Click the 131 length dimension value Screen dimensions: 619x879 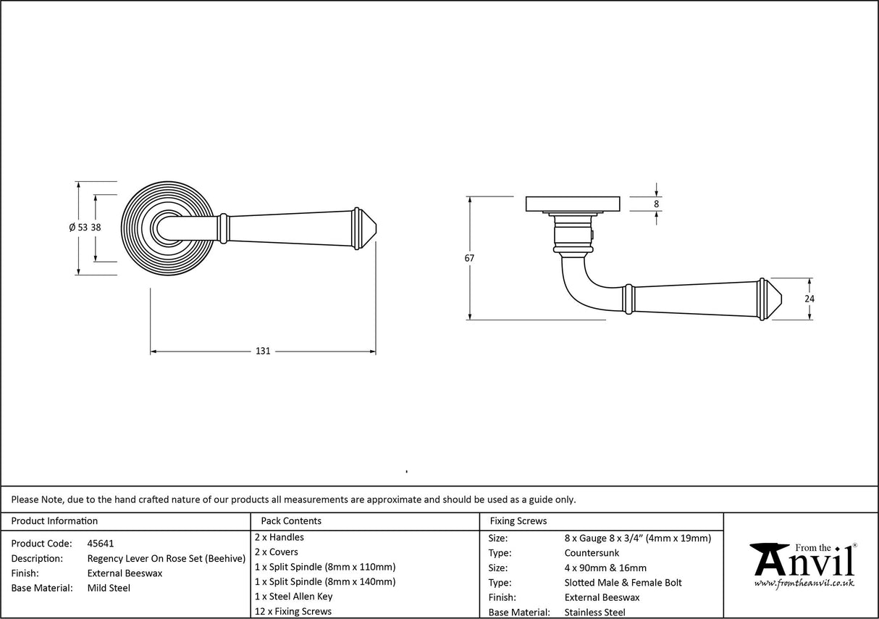click(x=263, y=352)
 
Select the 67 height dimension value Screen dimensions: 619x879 click(x=470, y=258)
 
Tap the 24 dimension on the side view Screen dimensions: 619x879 click(x=809, y=298)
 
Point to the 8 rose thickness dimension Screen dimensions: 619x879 click(x=657, y=204)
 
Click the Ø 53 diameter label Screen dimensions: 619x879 click(x=78, y=228)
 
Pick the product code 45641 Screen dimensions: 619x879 click(x=100, y=544)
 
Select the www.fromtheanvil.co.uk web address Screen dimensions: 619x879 click(x=804, y=583)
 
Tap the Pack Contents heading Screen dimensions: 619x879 click(x=291, y=521)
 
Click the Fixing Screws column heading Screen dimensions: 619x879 click(x=518, y=521)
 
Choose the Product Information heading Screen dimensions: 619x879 click(x=54, y=521)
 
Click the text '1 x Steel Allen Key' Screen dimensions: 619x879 click(x=294, y=597)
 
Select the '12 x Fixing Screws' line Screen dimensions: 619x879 click(x=293, y=612)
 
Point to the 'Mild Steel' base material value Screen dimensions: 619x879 click(x=109, y=589)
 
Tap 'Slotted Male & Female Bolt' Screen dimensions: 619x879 click(x=623, y=583)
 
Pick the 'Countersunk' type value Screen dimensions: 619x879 click(x=592, y=553)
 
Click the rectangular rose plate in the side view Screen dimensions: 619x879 click(x=573, y=204)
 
